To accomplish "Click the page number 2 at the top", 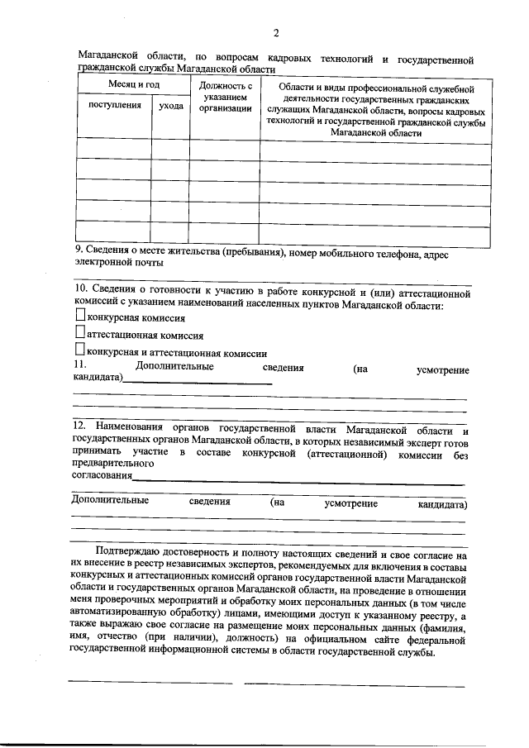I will click(x=276, y=32).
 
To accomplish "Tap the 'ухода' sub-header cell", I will click(x=170, y=106).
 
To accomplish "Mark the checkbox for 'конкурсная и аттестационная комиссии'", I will click(x=79, y=350).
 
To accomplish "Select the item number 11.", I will click(x=79, y=364).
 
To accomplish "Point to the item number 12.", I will click(x=79, y=427).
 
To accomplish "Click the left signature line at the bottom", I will click(x=150, y=683).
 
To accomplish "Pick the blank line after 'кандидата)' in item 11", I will click(x=198, y=383).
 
